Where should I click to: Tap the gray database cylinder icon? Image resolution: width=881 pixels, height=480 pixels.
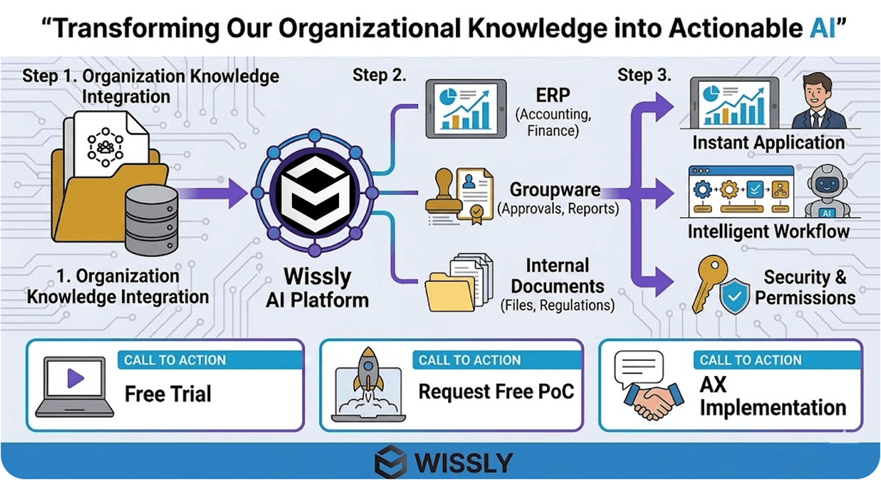[x=151, y=220]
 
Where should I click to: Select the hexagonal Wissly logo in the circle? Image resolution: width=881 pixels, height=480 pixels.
[x=315, y=193]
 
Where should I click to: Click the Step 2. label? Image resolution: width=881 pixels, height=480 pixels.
[x=379, y=75]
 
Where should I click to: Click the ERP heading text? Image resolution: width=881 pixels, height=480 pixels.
[x=553, y=95]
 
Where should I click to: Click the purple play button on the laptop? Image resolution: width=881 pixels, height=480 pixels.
[x=76, y=378]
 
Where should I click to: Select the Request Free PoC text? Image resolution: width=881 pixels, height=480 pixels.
[x=496, y=392]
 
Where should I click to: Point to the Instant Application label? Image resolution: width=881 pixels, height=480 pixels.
[x=768, y=143]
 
